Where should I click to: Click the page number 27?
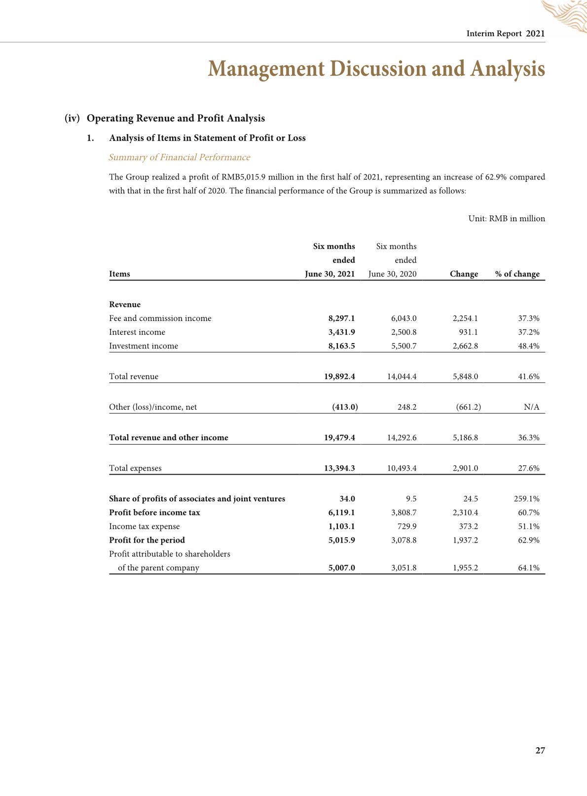pos(540,751)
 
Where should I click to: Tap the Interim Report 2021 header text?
pos(506,34)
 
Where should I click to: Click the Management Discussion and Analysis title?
pos(376,69)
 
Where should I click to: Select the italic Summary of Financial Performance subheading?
pos(179,157)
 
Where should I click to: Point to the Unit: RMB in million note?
pos(507,219)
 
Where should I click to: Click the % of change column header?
pos(517,274)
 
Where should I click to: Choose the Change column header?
pos(464,274)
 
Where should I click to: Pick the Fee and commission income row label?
pos(160,318)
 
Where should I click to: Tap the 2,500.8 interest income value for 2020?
pos(404,332)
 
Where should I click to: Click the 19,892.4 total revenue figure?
pos(339,377)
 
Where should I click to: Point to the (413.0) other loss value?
pos(345,407)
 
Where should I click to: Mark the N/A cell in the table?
pos(531,407)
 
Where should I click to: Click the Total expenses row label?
pos(135,468)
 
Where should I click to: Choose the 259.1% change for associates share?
pos(526,499)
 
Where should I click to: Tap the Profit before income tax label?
pos(154,513)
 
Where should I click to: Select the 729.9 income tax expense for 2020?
pos(406,526)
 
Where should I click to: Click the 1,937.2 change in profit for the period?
pos(465,540)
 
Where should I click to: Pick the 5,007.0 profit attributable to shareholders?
pos(341,568)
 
